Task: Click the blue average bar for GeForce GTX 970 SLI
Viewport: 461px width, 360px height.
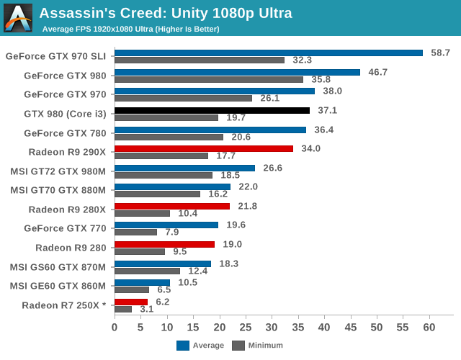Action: point(268,53)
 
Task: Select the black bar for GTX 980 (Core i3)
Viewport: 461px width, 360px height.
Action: point(212,110)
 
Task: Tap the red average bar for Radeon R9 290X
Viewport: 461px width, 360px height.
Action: point(203,148)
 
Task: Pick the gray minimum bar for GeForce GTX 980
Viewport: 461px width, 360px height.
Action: point(208,79)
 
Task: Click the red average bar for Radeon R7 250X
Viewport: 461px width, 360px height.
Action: point(130,302)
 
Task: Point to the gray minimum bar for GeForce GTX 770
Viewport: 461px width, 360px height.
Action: point(135,232)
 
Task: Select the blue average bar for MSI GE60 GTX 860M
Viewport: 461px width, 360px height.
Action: point(142,282)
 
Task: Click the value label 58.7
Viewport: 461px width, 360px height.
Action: point(440,53)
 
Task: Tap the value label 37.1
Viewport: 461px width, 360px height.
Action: point(327,110)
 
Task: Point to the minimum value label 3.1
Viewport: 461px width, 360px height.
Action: point(146,310)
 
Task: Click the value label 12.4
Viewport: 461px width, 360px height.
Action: point(197,271)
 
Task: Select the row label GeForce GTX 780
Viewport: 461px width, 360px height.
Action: point(65,132)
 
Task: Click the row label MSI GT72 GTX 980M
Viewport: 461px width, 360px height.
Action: point(58,171)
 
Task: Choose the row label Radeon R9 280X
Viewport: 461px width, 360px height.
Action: point(67,210)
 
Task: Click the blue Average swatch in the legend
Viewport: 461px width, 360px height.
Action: point(182,345)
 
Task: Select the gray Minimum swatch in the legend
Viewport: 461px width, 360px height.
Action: point(238,345)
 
